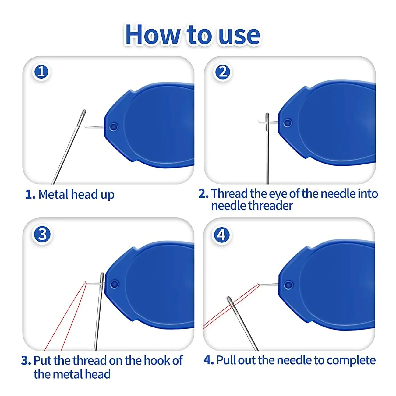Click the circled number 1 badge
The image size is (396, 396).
point(41,72)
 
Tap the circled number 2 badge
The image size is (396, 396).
point(223,72)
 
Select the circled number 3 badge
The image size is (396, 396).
point(42,235)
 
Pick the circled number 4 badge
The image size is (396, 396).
point(221,235)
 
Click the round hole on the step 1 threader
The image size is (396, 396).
point(113,127)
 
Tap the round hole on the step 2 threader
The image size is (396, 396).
point(287,123)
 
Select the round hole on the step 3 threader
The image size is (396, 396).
point(114,284)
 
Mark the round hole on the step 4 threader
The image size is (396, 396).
point(288,285)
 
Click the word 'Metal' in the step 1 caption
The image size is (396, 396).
point(53,194)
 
